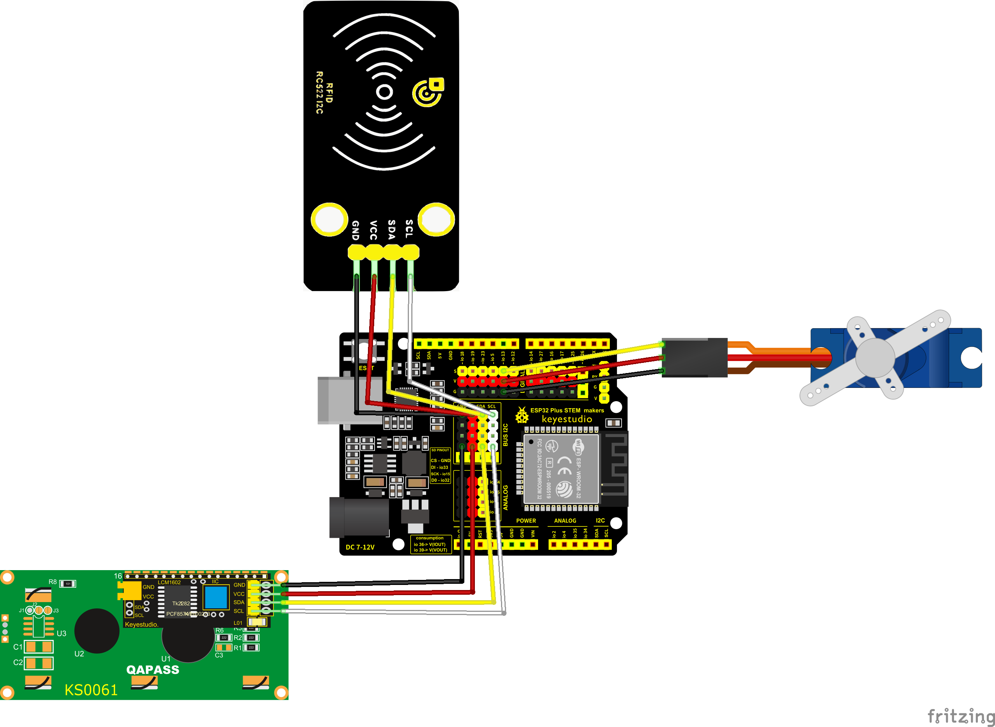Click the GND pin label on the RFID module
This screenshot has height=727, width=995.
355,230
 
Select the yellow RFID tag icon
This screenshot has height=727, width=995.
428,92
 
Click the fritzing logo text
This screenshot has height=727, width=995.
960,716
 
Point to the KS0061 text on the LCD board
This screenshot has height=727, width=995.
91,690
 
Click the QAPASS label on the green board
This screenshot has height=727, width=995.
153,670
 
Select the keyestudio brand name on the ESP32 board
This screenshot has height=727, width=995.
567,419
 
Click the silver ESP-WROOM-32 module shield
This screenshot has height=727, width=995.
561,469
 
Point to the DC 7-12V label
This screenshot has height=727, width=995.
360,547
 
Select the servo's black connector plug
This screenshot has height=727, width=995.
695,357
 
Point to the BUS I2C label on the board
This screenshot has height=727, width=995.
505,435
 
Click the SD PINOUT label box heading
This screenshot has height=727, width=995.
440,450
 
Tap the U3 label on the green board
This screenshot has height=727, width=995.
62,634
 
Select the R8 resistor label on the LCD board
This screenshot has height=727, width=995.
52,582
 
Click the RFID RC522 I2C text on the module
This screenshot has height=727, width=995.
324,92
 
